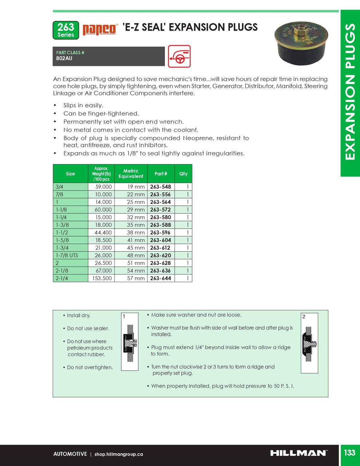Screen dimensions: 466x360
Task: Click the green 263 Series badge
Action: (x=66, y=30)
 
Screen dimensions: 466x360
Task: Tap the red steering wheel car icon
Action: (x=179, y=56)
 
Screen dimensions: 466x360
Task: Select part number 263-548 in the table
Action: (x=161, y=187)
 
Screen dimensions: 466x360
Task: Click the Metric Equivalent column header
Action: (x=131, y=174)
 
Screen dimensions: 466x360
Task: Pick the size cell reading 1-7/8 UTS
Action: (x=67, y=256)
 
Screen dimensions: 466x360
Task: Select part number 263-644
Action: (x=161, y=279)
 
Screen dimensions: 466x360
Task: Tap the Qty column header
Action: (x=183, y=174)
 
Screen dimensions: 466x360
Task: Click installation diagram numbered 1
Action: (x=130, y=341)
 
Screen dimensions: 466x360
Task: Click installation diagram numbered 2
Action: (x=309, y=343)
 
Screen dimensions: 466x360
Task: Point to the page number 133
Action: (x=349, y=453)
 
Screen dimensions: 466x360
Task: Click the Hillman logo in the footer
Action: (x=298, y=453)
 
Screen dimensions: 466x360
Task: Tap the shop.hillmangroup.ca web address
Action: (x=118, y=454)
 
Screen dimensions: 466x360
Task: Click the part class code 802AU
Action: (x=64, y=59)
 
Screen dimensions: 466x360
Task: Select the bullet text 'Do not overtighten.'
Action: (x=90, y=368)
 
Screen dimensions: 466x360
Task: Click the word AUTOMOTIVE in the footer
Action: (x=70, y=454)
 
